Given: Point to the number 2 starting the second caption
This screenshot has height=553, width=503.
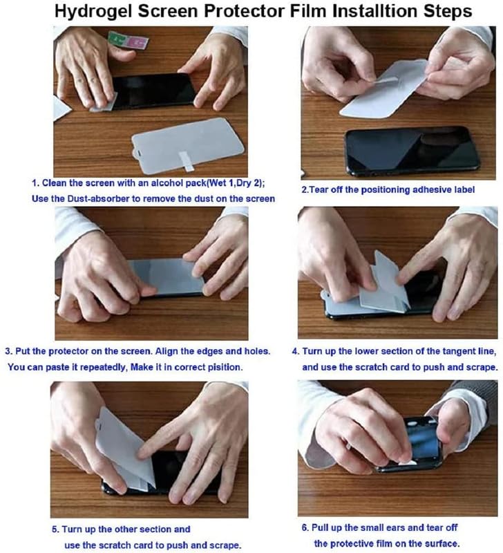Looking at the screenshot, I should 304,189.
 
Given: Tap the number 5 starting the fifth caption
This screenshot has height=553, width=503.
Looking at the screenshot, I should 55,529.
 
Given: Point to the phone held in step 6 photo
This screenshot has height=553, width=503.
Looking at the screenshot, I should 415,442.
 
